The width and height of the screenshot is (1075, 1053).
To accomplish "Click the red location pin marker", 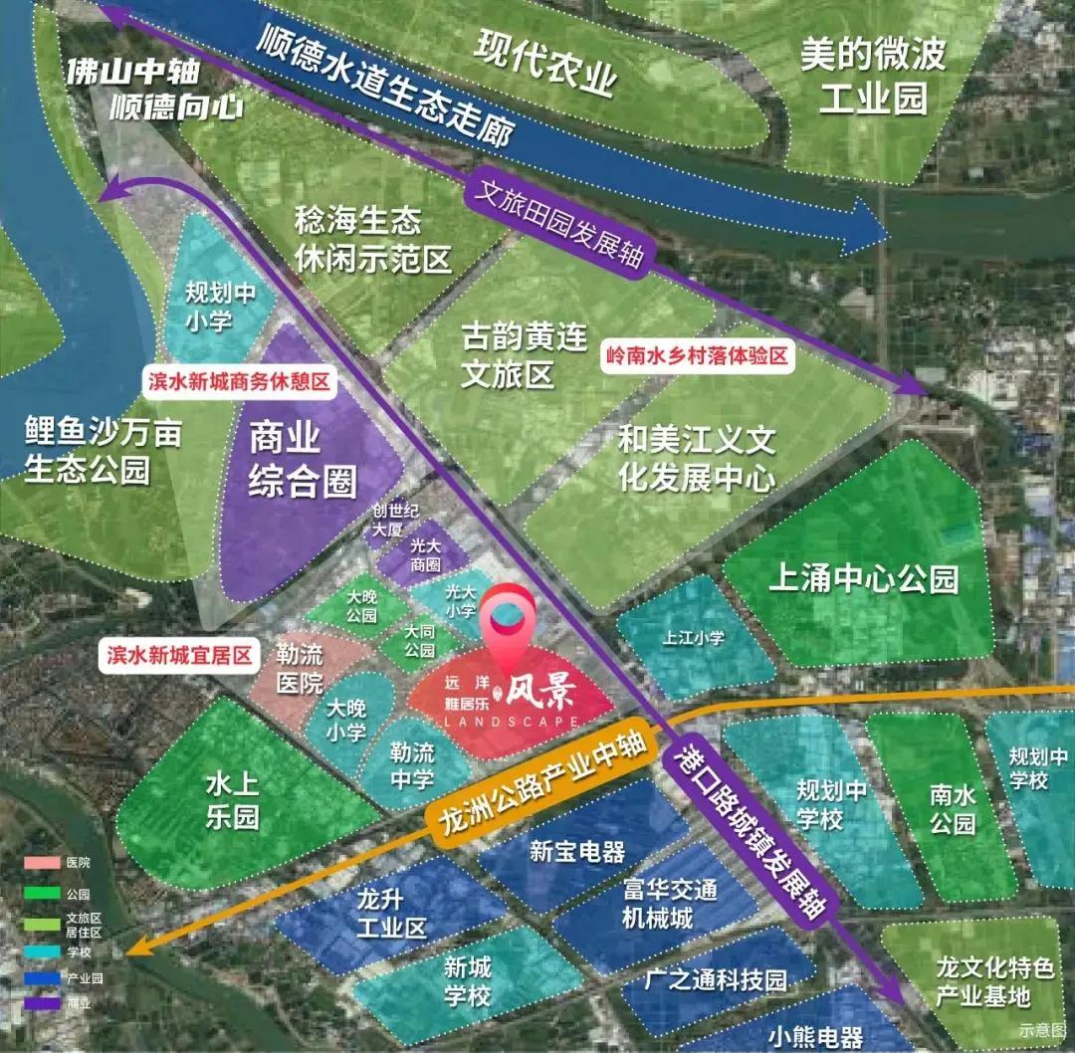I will [507, 623].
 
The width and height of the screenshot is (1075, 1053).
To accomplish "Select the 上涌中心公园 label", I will [863, 578].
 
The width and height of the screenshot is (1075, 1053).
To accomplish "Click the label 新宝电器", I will [577, 851].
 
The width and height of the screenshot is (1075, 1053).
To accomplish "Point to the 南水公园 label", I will [953, 809].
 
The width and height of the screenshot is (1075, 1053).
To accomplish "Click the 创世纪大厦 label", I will [386, 522].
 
